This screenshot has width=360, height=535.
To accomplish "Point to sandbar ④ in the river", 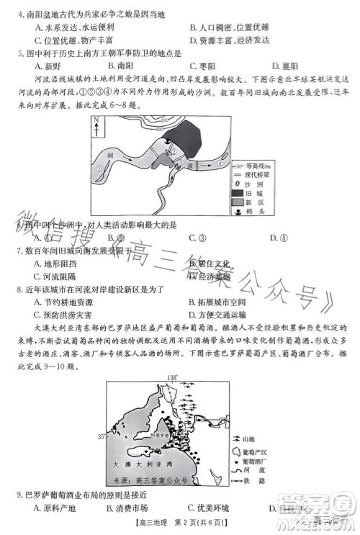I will tap(219, 163).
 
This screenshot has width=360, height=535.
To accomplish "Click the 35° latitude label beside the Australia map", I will tap(101, 436).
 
